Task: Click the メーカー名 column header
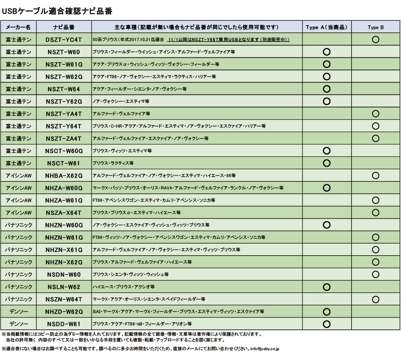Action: click(x=20, y=28)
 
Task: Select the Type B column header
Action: click(x=376, y=28)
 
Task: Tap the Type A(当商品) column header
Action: click(x=326, y=28)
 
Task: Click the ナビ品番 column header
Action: click(x=64, y=28)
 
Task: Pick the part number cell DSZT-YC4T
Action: click(x=64, y=39)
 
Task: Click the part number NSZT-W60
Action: click(x=64, y=52)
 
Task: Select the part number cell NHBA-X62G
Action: click(x=64, y=176)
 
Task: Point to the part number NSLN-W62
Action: click(x=64, y=287)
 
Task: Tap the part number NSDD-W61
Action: click(x=64, y=324)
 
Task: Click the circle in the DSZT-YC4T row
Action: click(x=376, y=39)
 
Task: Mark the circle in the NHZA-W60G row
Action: click(x=326, y=188)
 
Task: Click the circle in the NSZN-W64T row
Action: click(x=376, y=299)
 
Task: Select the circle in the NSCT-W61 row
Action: click(x=326, y=163)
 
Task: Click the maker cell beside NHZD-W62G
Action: click(x=20, y=312)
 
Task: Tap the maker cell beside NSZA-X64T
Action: click(x=20, y=212)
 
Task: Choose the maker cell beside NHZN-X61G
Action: click(x=20, y=250)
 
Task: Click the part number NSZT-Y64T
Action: click(x=64, y=126)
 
